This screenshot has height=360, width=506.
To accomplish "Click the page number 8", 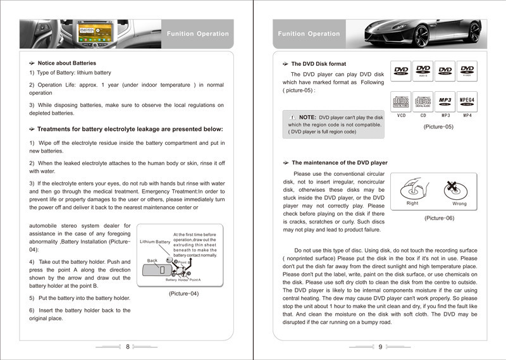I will (127, 347).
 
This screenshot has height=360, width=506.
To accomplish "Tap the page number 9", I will (380, 347).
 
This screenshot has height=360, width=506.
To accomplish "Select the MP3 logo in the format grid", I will (445, 101).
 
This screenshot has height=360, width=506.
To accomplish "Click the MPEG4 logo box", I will (467, 101).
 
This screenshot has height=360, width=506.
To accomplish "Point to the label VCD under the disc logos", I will (401, 116).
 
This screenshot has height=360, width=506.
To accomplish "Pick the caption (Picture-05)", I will (438, 127).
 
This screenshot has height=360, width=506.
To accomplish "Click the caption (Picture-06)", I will (438, 218).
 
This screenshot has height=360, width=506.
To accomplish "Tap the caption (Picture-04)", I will (184, 294).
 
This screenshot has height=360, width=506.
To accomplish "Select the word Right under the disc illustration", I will (412, 204).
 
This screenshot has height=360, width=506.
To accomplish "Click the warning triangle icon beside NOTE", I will (292, 118).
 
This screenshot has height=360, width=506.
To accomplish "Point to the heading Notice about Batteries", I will (66, 63).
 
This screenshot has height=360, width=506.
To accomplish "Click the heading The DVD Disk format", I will (318, 64).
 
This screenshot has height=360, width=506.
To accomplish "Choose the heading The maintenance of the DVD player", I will (339, 163).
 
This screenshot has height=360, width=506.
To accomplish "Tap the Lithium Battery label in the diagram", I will (155, 242).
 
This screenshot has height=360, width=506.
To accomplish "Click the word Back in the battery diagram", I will (152, 261).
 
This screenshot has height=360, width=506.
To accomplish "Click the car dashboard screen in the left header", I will (92, 28).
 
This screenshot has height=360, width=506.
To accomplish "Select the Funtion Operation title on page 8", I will (197, 34).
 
